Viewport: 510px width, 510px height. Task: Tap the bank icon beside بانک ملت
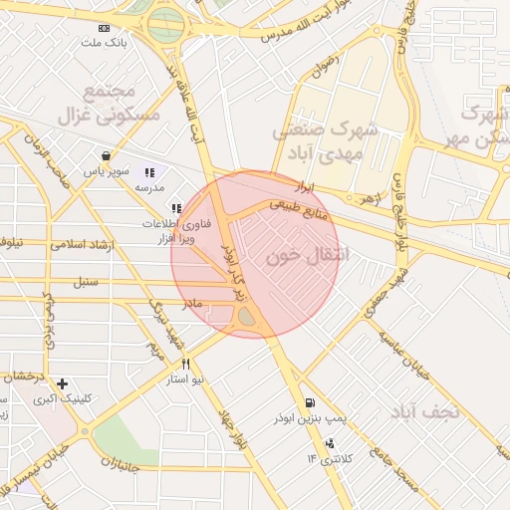tap(106, 28)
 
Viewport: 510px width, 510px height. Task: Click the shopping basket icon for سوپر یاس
tap(106, 155)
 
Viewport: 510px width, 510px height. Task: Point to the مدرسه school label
tap(148, 187)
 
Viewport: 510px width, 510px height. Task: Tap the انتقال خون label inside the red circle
tap(310, 255)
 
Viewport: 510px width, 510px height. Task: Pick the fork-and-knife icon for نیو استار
tap(185, 365)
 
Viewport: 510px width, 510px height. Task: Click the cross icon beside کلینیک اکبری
tap(62, 383)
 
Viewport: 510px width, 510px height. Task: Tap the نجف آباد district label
tap(422, 410)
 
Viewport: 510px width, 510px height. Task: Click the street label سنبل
tap(86, 282)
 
